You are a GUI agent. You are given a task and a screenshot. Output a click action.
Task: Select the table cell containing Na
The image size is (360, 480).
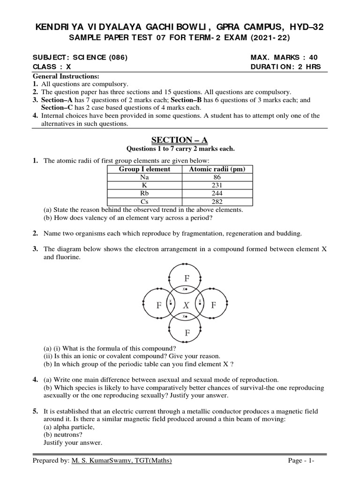coord(144,178)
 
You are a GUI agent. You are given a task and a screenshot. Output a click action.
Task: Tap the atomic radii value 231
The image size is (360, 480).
coord(217,186)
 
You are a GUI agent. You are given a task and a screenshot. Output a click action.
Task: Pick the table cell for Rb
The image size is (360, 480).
coord(144,194)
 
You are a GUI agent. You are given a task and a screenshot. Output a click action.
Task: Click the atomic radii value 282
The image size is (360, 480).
coord(217,202)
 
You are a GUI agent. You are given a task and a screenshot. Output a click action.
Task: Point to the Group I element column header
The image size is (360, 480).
coord(144,169)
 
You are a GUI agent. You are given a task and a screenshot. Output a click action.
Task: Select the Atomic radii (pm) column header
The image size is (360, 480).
coord(217,169)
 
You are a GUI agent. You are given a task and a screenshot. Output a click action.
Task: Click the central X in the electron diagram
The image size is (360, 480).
coord(186,305)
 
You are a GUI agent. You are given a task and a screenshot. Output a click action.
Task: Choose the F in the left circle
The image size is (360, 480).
coord(159,306)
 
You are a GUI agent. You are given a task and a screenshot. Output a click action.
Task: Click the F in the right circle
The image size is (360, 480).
coord(214,306)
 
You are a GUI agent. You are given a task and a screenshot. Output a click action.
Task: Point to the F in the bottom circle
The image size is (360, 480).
coord(187,333)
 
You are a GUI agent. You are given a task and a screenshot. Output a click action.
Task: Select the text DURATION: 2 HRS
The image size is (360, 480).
coord(286,67)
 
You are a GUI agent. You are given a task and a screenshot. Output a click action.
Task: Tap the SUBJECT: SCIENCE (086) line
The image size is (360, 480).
coord(80,58)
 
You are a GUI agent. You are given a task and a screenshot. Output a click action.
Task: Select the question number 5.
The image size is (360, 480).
coord(35,411)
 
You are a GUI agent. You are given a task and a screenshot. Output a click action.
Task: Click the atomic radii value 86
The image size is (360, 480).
coord(217,178)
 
